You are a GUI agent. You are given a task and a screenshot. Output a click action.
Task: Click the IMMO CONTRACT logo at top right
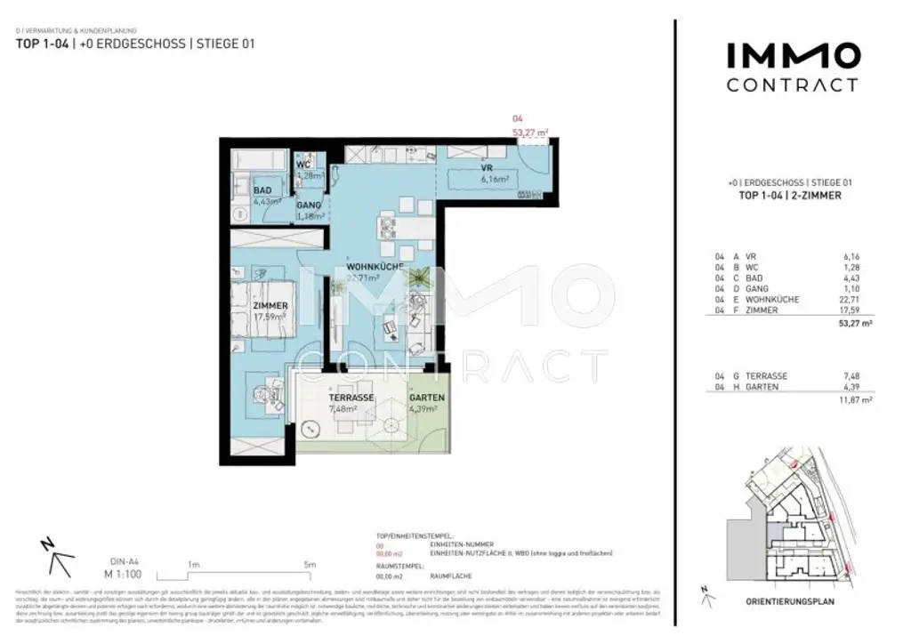pos(793,68)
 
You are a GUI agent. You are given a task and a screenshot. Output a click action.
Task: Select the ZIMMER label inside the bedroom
pos(270,306)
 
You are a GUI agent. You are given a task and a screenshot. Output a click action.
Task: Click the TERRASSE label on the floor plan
pos(350,398)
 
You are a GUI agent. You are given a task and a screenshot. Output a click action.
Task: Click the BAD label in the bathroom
pos(262,190)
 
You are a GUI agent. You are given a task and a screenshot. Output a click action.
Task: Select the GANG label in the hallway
pos(308,205)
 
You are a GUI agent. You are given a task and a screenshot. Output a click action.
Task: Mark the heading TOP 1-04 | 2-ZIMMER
pos(790,196)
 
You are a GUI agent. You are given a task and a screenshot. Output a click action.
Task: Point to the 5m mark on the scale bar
pos(309,565)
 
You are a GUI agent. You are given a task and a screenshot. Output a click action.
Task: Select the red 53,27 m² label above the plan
pos(528,132)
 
